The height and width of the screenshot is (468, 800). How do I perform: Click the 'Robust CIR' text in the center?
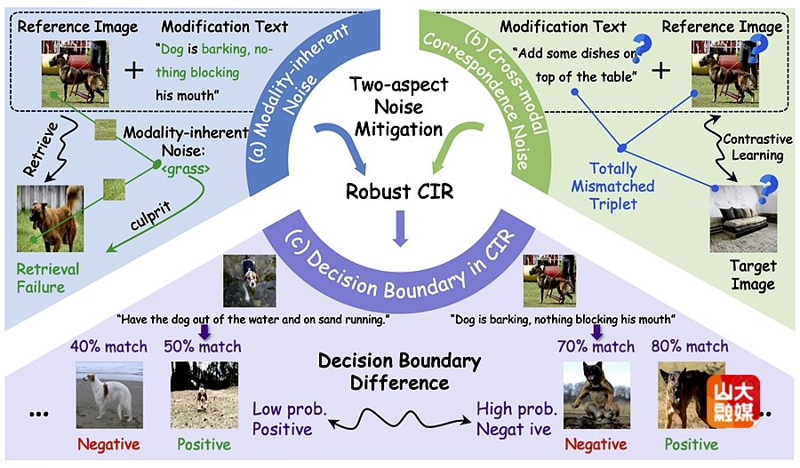click(x=398, y=192)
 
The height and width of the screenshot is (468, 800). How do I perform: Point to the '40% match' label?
click(x=108, y=346)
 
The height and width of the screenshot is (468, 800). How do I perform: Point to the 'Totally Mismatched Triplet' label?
click(x=613, y=186)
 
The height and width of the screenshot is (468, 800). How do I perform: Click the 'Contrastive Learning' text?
click(x=752, y=147)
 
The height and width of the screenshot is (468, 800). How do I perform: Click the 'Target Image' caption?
click(x=752, y=275)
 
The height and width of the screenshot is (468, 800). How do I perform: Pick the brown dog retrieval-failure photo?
click(x=50, y=218)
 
